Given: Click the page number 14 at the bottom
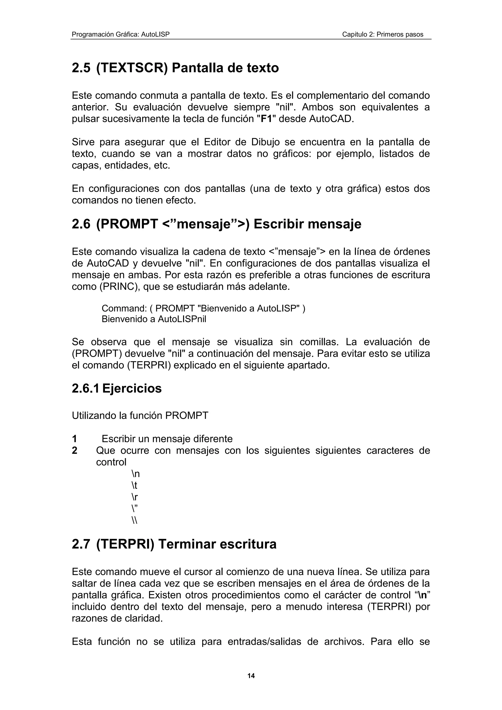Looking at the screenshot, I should [251, 676].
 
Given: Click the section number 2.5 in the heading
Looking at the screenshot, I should [81, 68].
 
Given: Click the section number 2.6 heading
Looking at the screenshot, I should [81, 224].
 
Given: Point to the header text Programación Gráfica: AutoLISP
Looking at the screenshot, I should [121, 34].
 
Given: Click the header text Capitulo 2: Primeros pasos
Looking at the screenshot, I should [382, 34].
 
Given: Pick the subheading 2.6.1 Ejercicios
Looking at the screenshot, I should [117, 388].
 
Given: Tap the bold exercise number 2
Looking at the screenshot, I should [75, 450].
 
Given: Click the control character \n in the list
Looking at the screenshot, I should [135, 474].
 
